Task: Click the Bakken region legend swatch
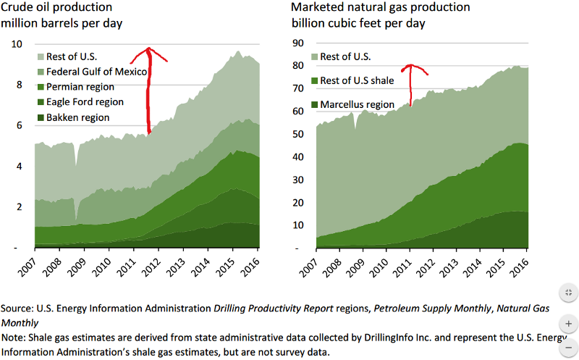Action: [41, 117]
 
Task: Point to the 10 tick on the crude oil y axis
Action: [17, 44]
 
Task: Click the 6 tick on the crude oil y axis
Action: [20, 125]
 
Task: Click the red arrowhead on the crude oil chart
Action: [148, 51]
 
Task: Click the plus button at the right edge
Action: [568, 323]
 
